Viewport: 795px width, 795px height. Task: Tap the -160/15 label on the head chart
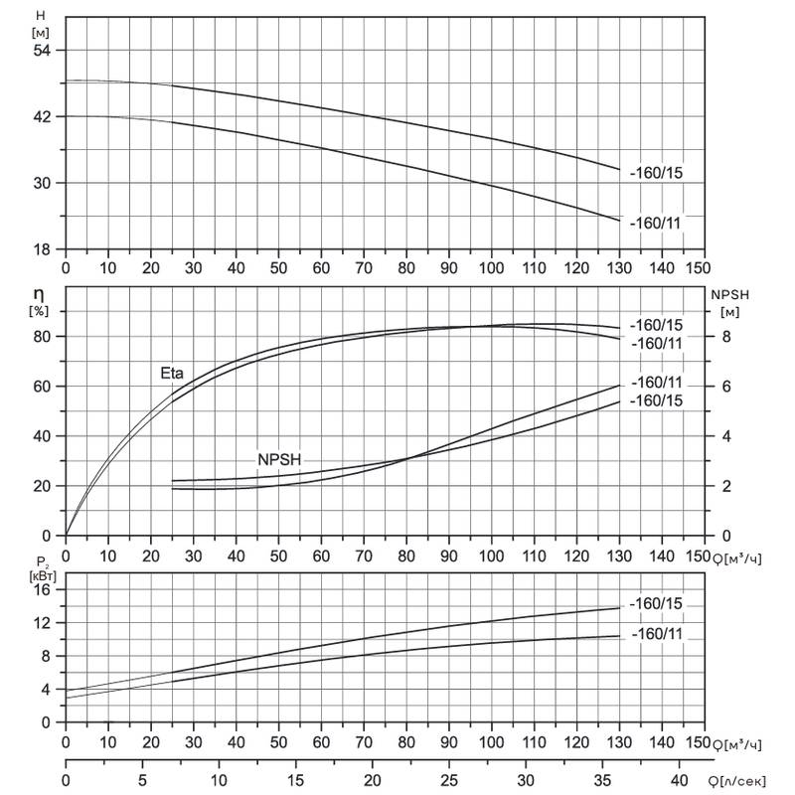click(x=656, y=173)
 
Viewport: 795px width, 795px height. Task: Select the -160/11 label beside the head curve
click(x=656, y=223)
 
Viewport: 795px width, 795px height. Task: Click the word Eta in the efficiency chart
click(x=172, y=374)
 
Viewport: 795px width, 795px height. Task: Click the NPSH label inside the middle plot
click(x=279, y=460)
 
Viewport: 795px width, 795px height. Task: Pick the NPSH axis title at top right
click(x=729, y=295)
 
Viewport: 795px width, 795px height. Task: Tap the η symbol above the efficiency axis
click(x=39, y=294)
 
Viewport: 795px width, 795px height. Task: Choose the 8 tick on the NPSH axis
click(x=726, y=336)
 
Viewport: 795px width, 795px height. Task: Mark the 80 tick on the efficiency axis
click(x=43, y=336)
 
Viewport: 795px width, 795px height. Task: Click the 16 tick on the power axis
click(x=43, y=589)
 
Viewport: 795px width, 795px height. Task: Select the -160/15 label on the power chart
click(x=656, y=604)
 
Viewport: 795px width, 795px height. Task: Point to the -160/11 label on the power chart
click(x=657, y=634)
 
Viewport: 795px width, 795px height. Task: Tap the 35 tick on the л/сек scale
click(x=602, y=780)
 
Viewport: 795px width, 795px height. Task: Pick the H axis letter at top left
click(x=41, y=16)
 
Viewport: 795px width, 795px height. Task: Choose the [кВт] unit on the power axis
click(x=43, y=576)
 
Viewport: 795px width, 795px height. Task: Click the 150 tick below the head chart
click(x=698, y=267)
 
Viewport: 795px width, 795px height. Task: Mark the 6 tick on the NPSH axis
click(x=726, y=387)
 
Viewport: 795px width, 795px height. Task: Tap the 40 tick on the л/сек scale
click(x=680, y=780)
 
